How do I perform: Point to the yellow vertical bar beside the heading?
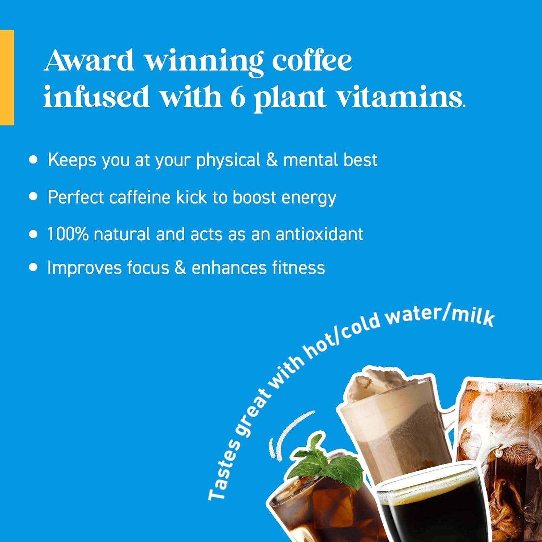point(7,77)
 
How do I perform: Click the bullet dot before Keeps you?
point(33,160)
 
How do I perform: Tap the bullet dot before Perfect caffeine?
point(33,197)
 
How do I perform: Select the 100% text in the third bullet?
point(68,234)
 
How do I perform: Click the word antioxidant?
point(319,234)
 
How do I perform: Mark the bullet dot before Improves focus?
point(33,267)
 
